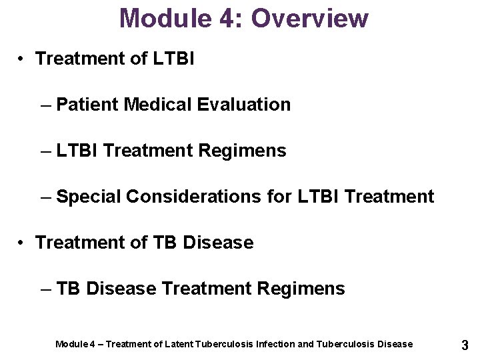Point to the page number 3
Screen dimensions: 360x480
point(465,345)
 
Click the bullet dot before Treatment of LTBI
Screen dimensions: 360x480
point(23,59)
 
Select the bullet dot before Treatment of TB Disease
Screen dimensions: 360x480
point(23,243)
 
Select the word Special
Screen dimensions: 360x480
point(89,197)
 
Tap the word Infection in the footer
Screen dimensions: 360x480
point(275,344)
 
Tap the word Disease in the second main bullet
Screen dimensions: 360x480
point(218,243)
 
